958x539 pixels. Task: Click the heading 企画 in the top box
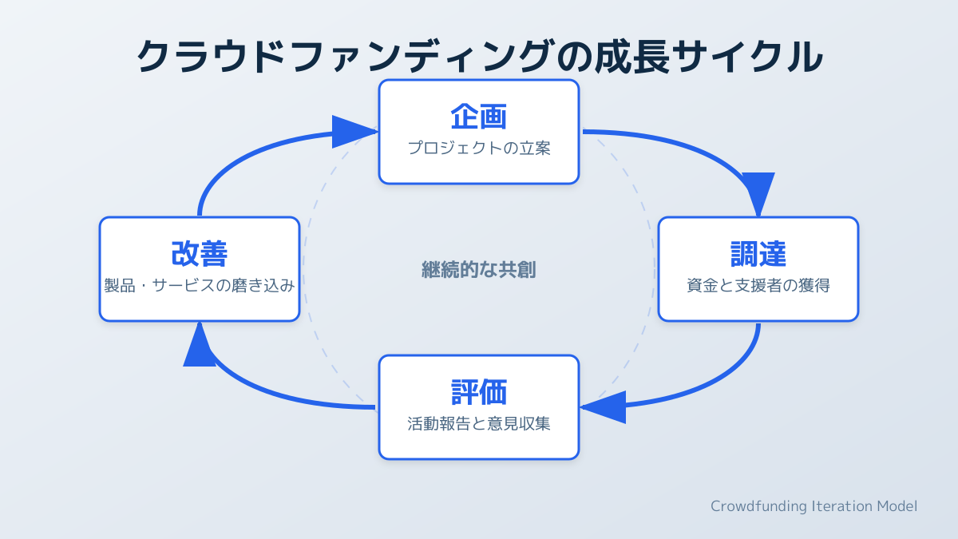(x=479, y=117)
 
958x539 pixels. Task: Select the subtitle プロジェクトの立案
(x=479, y=149)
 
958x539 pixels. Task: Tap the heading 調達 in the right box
(x=758, y=254)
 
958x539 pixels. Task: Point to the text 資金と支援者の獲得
(x=758, y=286)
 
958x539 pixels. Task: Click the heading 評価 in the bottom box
(x=479, y=392)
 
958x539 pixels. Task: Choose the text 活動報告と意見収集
(x=479, y=424)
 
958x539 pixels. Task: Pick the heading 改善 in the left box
(x=200, y=254)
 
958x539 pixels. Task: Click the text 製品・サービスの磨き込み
(x=200, y=286)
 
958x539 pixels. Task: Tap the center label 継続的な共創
(x=479, y=270)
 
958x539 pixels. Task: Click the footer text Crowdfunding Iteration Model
(x=814, y=506)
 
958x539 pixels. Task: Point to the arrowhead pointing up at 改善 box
(x=200, y=345)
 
